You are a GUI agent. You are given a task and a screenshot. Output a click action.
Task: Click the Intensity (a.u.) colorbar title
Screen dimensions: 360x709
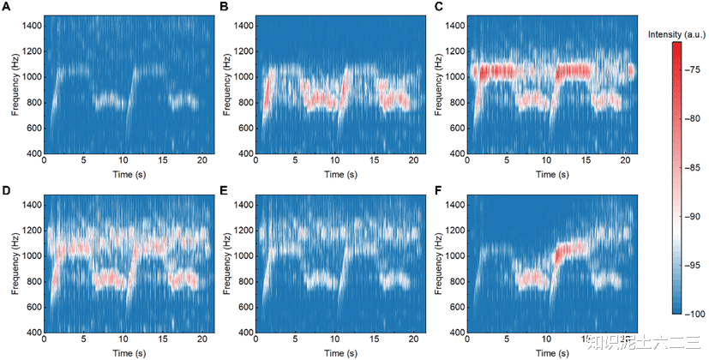[677, 34]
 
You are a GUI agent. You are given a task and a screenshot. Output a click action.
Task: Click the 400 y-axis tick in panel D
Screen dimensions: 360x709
[32, 333]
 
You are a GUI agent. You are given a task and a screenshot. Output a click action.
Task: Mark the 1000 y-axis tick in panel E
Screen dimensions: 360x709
[242, 255]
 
